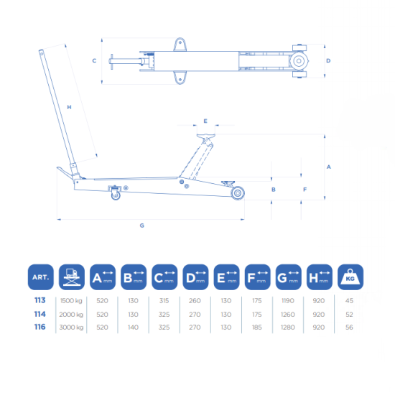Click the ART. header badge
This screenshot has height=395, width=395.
40,276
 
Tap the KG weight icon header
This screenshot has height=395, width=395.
350,276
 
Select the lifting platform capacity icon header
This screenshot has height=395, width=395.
72,276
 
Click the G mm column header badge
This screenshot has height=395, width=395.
288,276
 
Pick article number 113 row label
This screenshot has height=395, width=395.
39,300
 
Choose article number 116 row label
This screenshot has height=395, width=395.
39,327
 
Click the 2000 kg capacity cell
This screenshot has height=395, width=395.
71,315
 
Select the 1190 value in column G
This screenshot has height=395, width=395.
288,300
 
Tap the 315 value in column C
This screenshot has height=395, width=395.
164,300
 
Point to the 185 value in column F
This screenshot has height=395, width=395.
256,327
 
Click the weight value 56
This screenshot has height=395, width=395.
349,327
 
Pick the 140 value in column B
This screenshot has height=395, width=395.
133,327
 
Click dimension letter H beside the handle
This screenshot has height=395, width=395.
69,107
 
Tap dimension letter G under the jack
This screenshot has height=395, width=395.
141,226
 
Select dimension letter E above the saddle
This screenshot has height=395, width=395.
205,121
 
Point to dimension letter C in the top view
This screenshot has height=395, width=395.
94,61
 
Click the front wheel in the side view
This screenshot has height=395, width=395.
238,193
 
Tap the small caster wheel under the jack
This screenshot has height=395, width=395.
116,195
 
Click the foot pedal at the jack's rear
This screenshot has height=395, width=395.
65,172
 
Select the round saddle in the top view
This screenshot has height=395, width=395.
299,61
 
